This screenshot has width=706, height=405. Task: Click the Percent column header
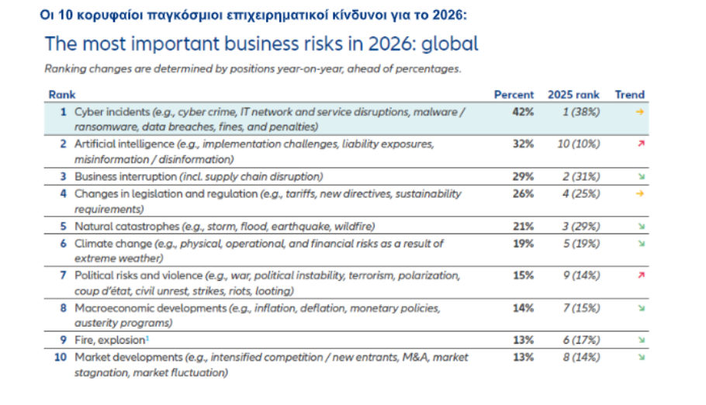pyautogui.click(x=514, y=95)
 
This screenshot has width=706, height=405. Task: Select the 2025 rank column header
pyautogui.click(x=573, y=95)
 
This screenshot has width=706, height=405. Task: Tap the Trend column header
pyautogui.click(x=629, y=95)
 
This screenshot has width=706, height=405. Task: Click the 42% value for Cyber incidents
pyautogui.click(x=523, y=112)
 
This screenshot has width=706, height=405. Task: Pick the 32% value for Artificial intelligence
pyautogui.click(x=523, y=144)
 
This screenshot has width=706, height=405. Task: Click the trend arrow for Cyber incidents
pyautogui.click(x=640, y=112)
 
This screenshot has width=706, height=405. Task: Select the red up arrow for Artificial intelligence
pyautogui.click(x=640, y=144)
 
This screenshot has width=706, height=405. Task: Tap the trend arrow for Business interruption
pyautogui.click(x=640, y=177)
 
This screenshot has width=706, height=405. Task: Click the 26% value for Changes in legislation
pyautogui.click(x=523, y=194)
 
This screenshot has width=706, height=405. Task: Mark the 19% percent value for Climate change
pyautogui.click(x=523, y=244)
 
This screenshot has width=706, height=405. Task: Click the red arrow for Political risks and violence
pyautogui.click(x=640, y=275)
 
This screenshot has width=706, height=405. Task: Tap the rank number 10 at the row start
pyautogui.click(x=60, y=358)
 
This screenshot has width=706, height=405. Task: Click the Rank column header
pyautogui.click(x=62, y=95)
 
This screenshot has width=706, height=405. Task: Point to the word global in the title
pyautogui.click(x=451, y=44)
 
